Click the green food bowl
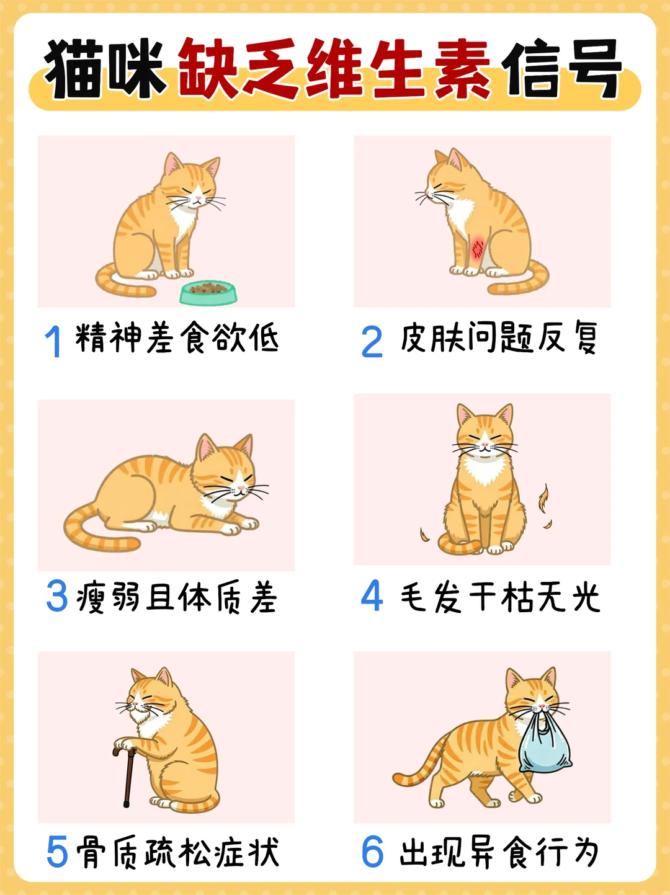[208, 292]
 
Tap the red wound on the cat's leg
[478, 248]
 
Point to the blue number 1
[54, 342]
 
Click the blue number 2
[372, 342]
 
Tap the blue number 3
[56, 597]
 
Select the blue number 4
[372, 596]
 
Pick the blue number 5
[56, 852]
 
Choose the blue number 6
[372, 852]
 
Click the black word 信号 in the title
[561, 69]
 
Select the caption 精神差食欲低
[177, 339]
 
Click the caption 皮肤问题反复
[499, 339]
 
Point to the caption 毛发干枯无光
[500, 597]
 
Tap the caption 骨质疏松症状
[177, 852]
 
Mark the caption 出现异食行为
[499, 852]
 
